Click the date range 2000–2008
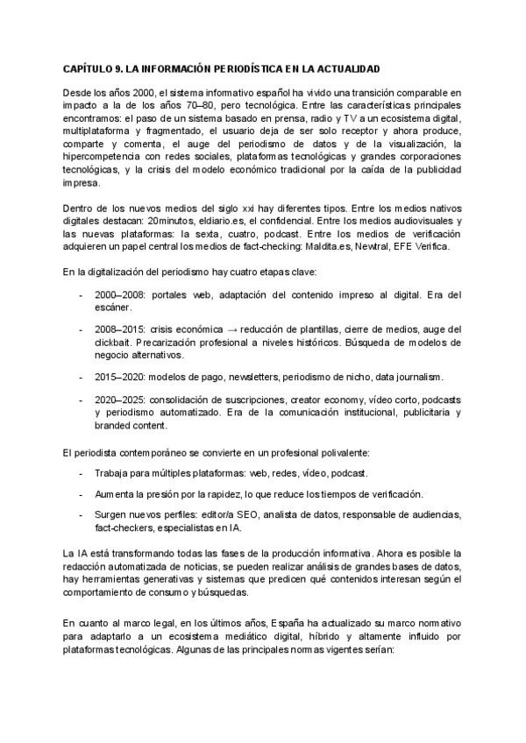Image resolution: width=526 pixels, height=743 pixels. point(120,295)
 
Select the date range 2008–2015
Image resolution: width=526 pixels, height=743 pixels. point(120,329)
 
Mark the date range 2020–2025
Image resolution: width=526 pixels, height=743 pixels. point(120,399)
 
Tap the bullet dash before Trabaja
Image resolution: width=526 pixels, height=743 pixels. point(81,473)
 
